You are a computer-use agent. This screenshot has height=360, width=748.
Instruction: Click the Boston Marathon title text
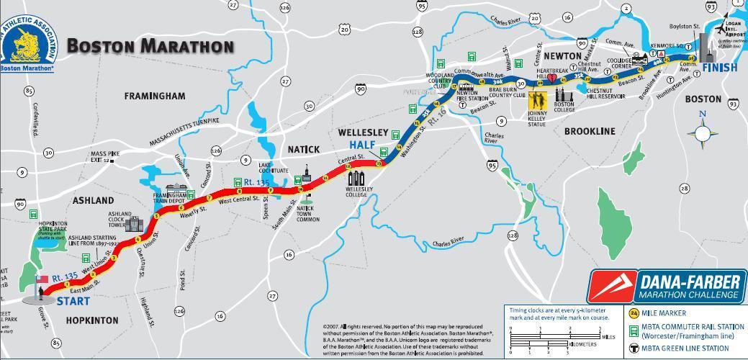coord(150,46)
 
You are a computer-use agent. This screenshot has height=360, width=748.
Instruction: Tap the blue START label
coord(73,301)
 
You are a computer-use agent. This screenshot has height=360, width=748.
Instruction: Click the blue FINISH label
coord(720,68)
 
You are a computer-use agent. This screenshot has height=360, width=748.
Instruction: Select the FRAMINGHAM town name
coord(155,96)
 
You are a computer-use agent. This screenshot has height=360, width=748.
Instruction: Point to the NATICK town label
coord(303,149)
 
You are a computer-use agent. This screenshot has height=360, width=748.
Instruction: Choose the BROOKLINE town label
coord(590,131)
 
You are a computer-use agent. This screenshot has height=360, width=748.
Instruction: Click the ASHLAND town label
coord(93,200)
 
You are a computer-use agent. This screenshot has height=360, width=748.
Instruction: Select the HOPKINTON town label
coord(91,320)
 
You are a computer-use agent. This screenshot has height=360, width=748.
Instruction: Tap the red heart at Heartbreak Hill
coord(552,78)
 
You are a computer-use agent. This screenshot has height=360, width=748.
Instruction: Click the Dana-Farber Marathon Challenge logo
coord(667,287)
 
